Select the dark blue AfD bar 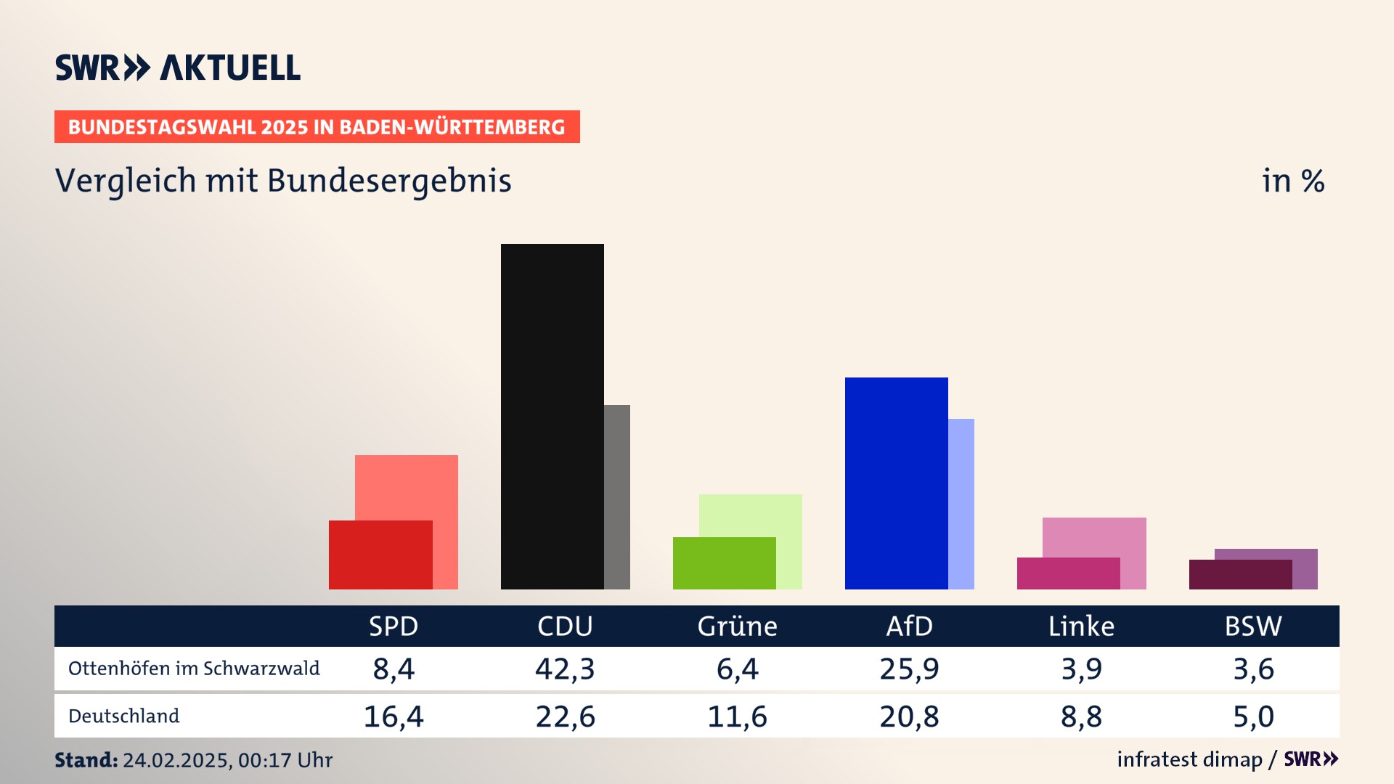pos(896,483)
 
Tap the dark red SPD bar pos(380,555)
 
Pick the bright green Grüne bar pos(724,563)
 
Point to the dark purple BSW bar pos(1240,574)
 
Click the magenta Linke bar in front pos(1068,573)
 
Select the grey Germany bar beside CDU pos(617,497)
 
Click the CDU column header pos(565,626)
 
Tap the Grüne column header pos(737,626)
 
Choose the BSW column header pos(1253,626)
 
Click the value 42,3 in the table pos(565,669)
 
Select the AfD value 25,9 pos(909,669)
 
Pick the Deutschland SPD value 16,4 pos(393,716)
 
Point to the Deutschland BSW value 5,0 pos(1253,716)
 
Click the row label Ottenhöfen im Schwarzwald pos(194,669)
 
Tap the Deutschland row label pos(123,716)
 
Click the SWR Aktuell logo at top pos(178,68)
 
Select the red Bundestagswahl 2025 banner pos(317,127)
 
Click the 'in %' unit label pos(1293,181)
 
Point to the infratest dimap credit pos(1189,759)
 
